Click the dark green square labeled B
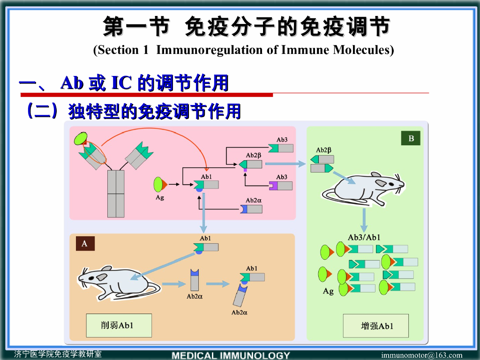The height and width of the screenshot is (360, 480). pos(411,138)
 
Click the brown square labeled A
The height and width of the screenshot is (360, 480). pos(85,243)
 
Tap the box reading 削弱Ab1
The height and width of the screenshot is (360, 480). pos(119,325)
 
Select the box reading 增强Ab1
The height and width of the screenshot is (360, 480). pos(375,326)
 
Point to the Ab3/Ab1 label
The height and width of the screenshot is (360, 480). pos(364,237)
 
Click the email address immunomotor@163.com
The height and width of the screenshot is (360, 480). pos(421,355)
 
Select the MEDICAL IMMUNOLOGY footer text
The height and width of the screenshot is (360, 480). pos(231,355)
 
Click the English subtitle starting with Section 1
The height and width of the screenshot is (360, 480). pos(244,50)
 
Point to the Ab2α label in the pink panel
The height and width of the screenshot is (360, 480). pos(254,200)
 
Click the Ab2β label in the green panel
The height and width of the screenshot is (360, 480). pos(323,150)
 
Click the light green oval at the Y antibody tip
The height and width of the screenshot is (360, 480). pos(80,138)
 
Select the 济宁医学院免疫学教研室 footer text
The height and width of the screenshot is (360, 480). pos(58,354)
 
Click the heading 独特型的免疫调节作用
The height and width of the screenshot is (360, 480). pos(155,112)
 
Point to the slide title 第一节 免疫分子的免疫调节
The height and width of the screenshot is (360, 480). pos(246,27)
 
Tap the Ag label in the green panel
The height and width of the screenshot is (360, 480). pos(328,291)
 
